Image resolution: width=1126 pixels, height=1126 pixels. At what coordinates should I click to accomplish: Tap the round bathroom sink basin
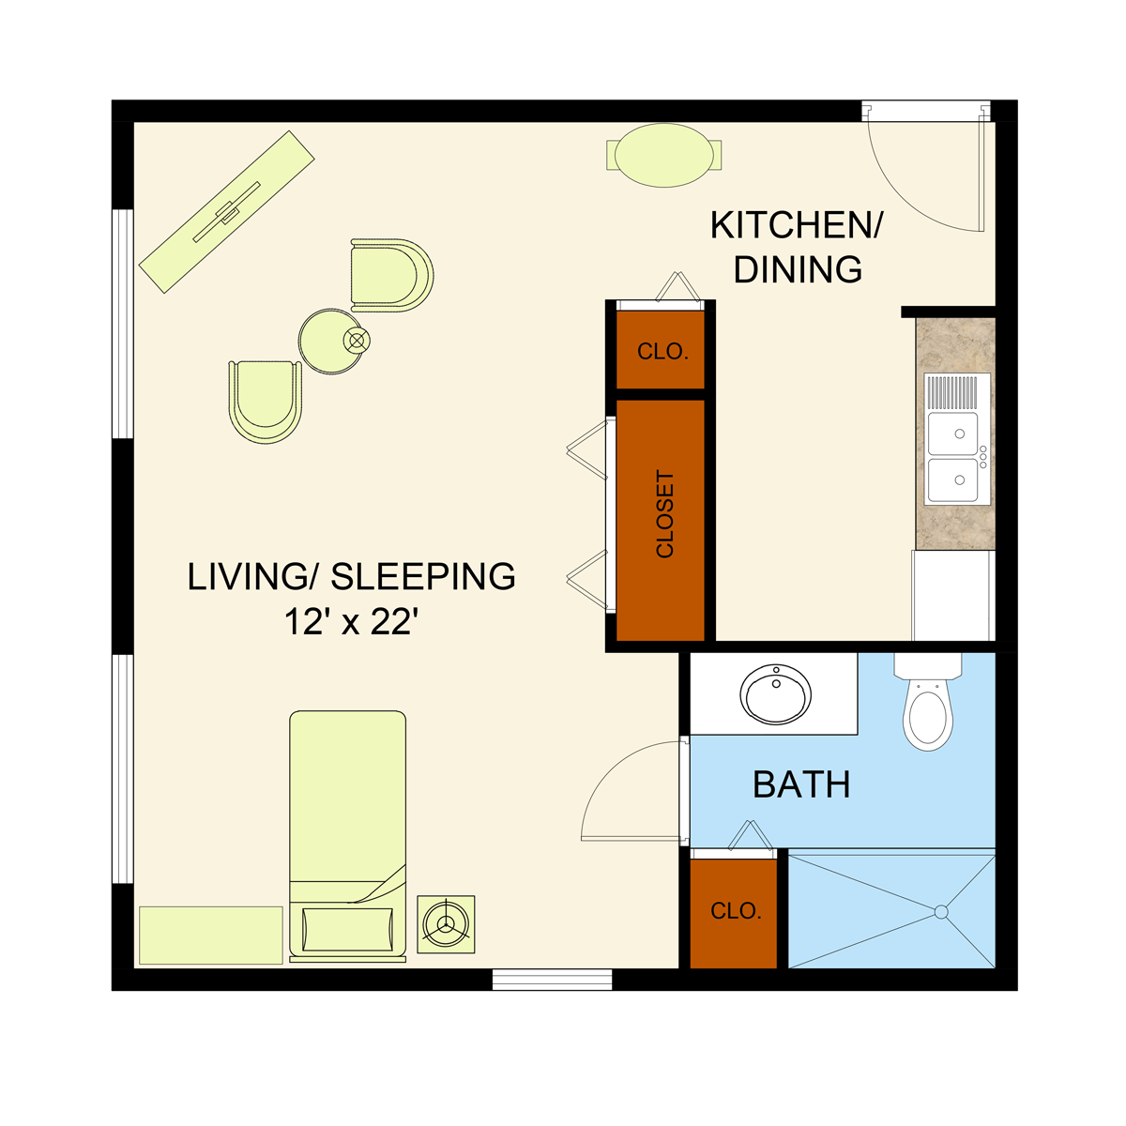coord(775,693)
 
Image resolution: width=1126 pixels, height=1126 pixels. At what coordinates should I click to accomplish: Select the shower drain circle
coord(941,912)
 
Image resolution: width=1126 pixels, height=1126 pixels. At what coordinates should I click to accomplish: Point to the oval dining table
coord(664,156)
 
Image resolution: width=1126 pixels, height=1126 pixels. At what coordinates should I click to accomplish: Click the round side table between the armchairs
coord(331,342)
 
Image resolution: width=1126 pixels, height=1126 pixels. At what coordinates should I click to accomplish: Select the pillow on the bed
coord(348,930)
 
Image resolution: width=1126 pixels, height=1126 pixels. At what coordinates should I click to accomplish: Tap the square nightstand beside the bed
coord(446,924)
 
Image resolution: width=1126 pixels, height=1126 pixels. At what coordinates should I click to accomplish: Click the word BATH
coord(801,784)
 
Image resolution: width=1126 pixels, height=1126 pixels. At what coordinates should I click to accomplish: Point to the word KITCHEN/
coord(796,225)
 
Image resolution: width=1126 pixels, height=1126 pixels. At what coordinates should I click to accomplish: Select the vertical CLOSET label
coord(665,514)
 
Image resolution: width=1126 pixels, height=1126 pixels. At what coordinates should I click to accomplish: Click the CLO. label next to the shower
coord(736,910)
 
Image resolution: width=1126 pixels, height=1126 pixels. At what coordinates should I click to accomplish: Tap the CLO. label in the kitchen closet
coord(662,351)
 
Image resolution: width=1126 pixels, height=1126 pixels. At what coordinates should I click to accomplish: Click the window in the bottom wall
coord(552,980)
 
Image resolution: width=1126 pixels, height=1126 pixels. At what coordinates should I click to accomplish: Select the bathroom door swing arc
coord(608,770)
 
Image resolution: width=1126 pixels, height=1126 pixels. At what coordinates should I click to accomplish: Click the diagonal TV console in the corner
coord(227,211)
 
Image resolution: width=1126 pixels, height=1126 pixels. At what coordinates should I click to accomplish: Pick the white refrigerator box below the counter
coord(953,596)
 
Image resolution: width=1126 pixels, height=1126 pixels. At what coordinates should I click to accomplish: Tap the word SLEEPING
coord(423,577)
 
